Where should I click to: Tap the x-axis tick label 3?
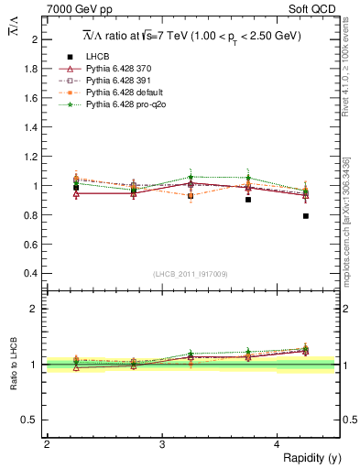click(162, 444)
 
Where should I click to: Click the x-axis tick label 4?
click(278, 444)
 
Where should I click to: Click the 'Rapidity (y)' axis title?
click(311, 458)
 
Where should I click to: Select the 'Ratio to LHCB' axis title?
click(14, 364)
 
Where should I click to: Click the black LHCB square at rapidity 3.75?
click(248, 199)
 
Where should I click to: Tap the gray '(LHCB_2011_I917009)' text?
click(191, 274)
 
